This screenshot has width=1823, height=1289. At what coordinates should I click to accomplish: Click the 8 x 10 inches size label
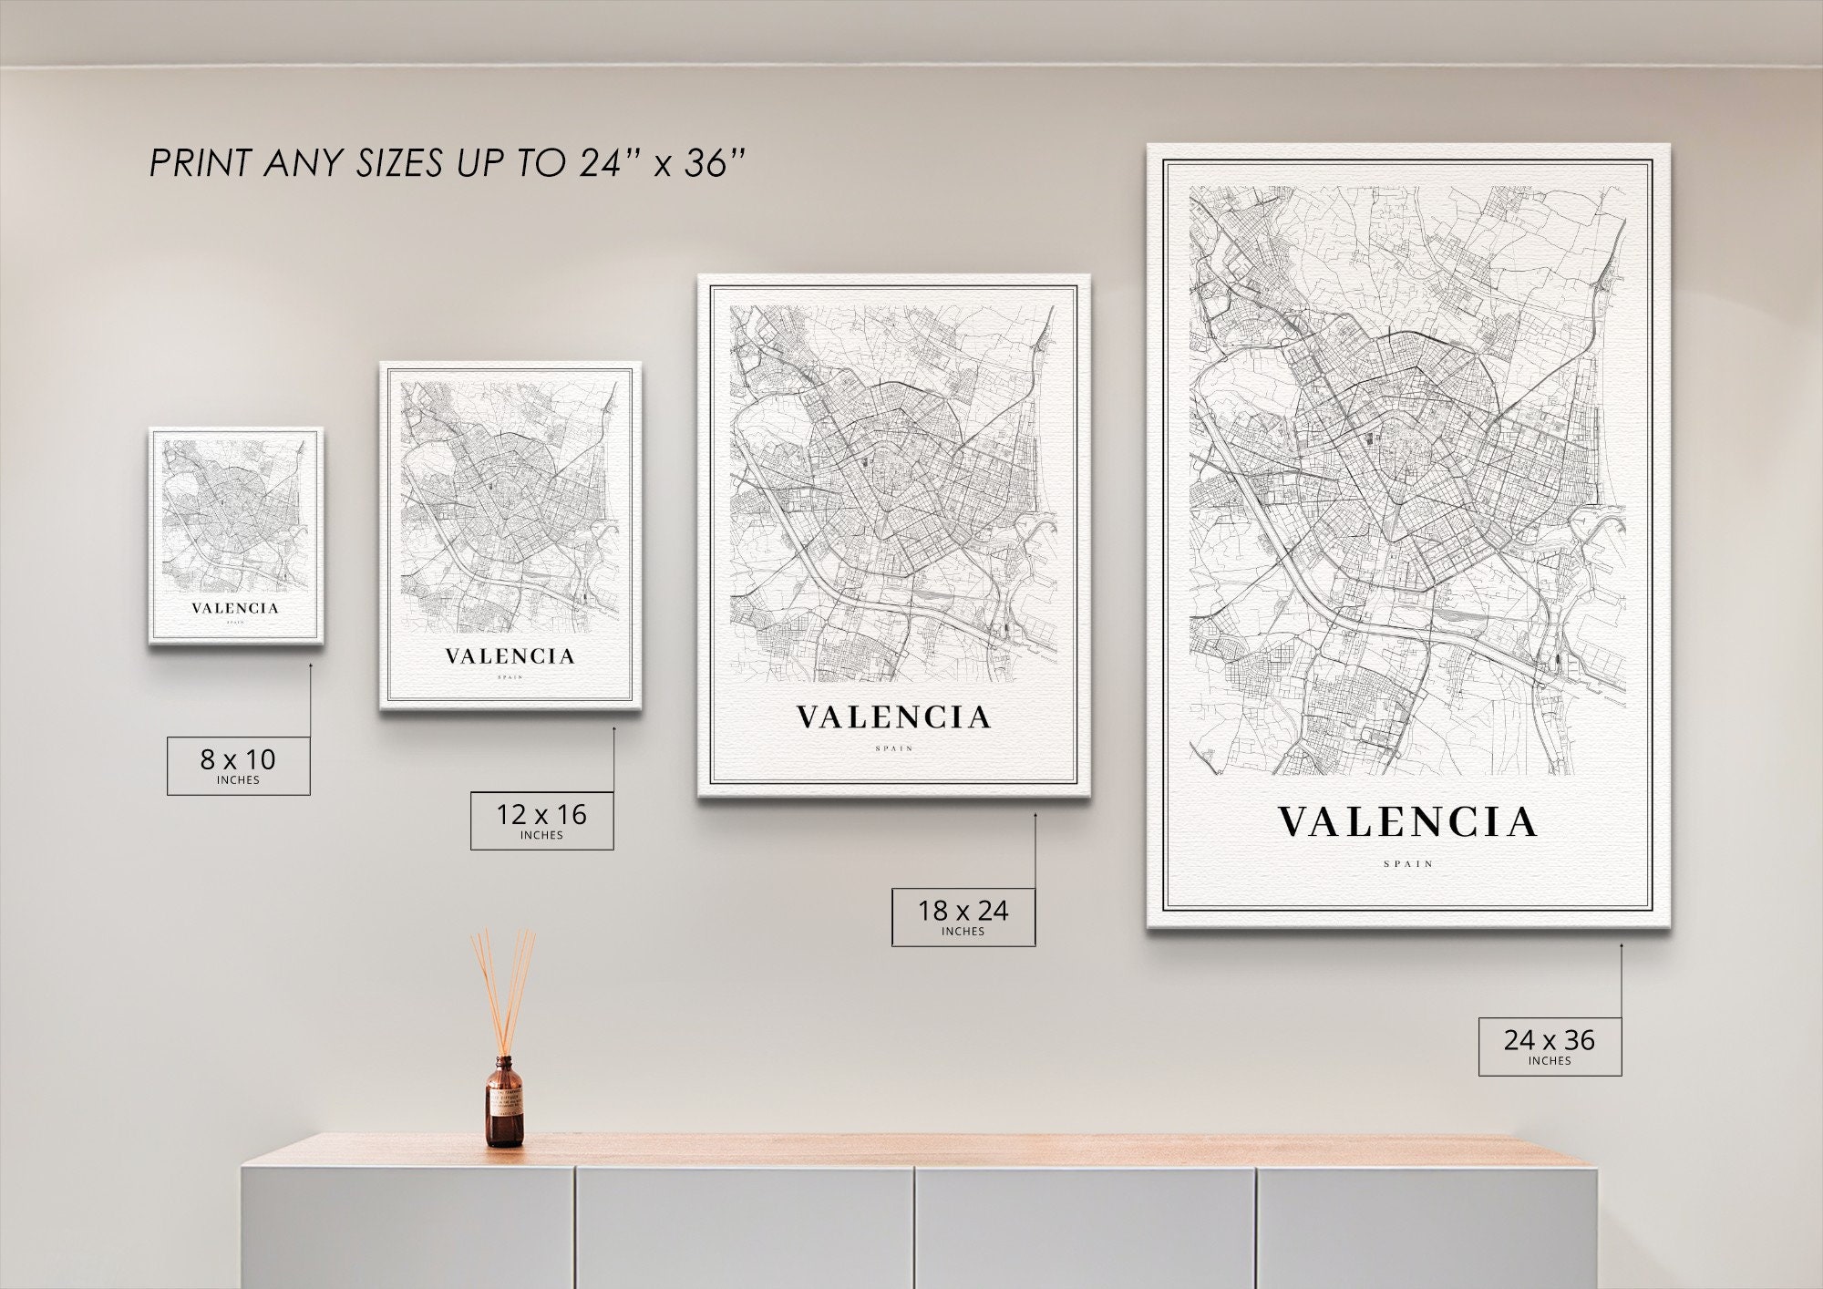click(x=238, y=765)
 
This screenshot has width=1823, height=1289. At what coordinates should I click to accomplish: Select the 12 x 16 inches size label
click(x=541, y=820)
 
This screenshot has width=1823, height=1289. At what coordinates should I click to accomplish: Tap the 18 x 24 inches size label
click(x=963, y=916)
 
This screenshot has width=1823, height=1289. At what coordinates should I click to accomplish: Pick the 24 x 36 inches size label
click(x=1550, y=1046)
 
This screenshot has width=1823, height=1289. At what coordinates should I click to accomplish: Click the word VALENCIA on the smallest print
click(x=235, y=608)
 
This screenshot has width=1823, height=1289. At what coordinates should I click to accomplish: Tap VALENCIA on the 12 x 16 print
click(x=510, y=656)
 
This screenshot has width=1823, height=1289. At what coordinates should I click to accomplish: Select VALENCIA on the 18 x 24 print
click(x=893, y=717)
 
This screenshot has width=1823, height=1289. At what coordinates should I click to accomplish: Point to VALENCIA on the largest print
click(x=1407, y=822)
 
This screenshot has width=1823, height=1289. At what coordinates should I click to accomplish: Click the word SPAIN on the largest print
click(x=1408, y=863)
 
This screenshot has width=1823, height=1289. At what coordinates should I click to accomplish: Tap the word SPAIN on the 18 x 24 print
click(x=893, y=748)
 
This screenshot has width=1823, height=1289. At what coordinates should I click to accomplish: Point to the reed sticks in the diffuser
click(x=503, y=989)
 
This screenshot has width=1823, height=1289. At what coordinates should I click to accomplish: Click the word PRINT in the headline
click(x=201, y=164)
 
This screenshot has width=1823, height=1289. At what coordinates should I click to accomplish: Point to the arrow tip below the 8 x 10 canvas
click(x=310, y=665)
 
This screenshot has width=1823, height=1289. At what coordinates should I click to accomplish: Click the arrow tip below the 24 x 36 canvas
click(x=1622, y=945)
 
